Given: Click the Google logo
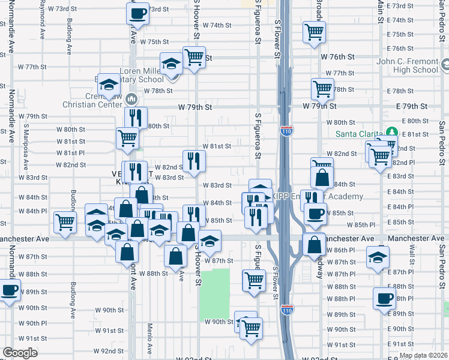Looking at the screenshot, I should [x=20, y=353].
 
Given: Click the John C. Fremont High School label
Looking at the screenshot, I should [x=408, y=65].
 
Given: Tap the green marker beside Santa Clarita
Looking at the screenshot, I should [x=392, y=131].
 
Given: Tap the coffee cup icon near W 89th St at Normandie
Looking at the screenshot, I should [x=9, y=291].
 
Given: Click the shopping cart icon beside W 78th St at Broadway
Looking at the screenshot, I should [x=322, y=89].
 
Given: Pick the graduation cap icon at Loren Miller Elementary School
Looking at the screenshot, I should [x=171, y=62].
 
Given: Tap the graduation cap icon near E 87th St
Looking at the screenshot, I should [x=378, y=256].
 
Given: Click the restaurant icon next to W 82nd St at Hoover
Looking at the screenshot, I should [x=194, y=160].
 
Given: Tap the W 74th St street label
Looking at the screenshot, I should [x=217, y=25].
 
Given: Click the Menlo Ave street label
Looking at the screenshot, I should [x=149, y=338].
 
